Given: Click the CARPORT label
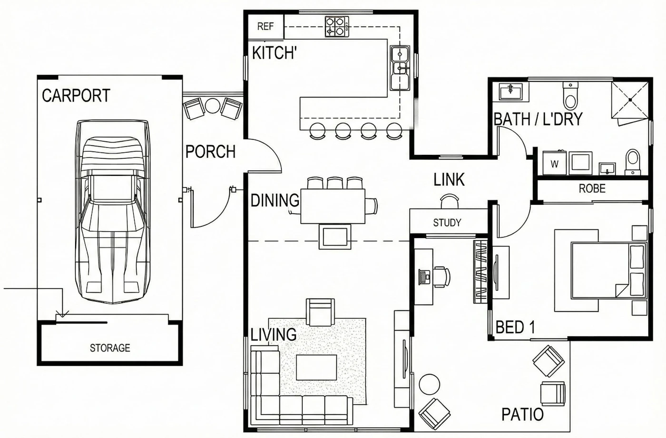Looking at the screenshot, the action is (76, 95).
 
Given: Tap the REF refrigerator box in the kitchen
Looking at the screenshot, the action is (266, 27).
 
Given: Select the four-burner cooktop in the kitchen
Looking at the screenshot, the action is (337, 27).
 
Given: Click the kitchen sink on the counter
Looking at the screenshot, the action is (400, 68).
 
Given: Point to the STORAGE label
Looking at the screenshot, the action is (110, 348).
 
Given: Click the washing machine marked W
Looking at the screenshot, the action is (554, 163).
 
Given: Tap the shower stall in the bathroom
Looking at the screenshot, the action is (630, 100).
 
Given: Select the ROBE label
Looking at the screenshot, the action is (592, 189).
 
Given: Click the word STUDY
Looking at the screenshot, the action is (447, 222).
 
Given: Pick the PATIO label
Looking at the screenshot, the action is (522, 415).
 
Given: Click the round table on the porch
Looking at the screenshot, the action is (212, 105).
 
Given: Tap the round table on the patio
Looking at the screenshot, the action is (429, 384).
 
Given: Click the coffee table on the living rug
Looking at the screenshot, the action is (316, 367).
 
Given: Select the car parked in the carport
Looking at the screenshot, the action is (112, 211).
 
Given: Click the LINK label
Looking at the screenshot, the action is (449, 180).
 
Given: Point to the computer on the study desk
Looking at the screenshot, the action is (424, 277).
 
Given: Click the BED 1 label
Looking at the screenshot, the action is (515, 327).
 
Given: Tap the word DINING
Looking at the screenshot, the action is (275, 200).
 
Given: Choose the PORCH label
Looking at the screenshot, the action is (210, 152).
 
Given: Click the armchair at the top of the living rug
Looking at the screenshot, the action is (320, 313).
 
